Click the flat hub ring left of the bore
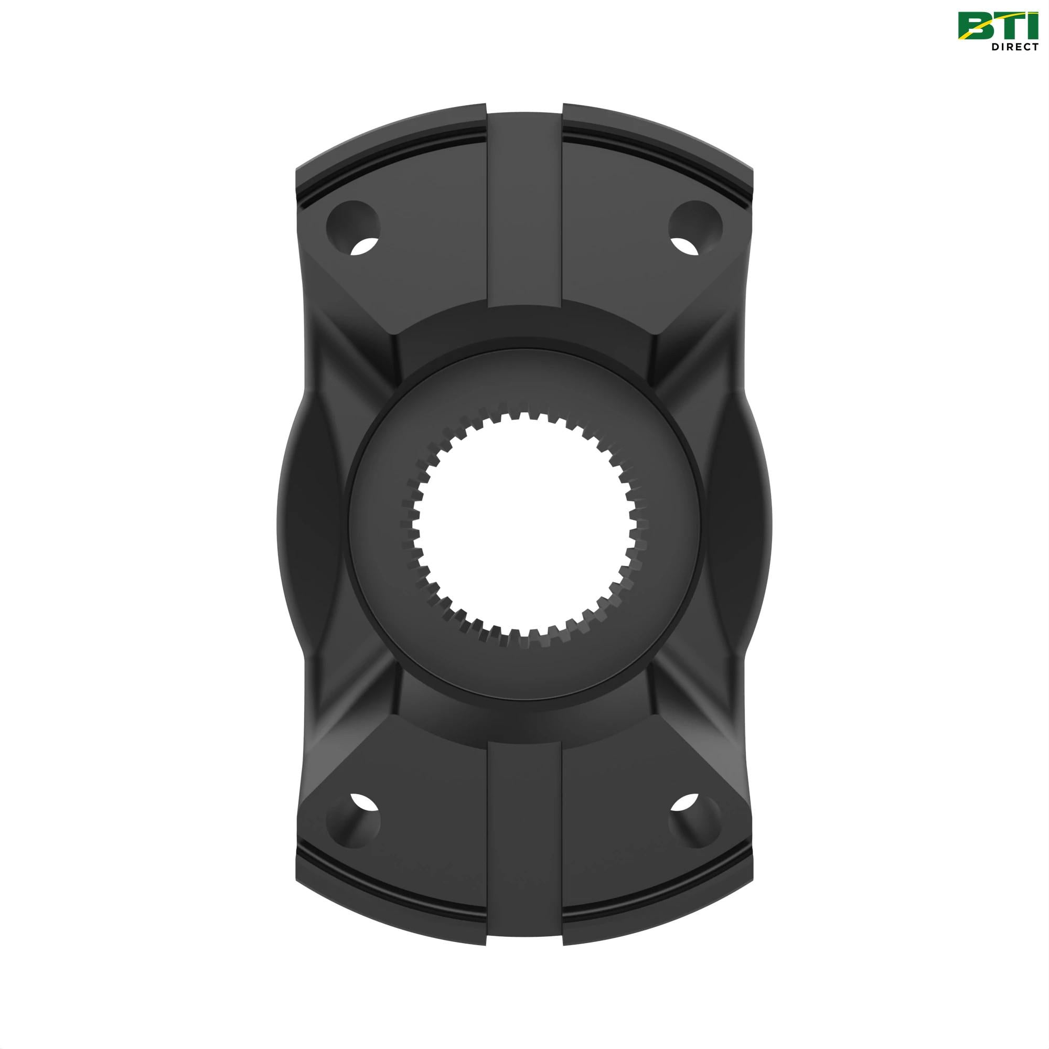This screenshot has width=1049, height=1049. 374,524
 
